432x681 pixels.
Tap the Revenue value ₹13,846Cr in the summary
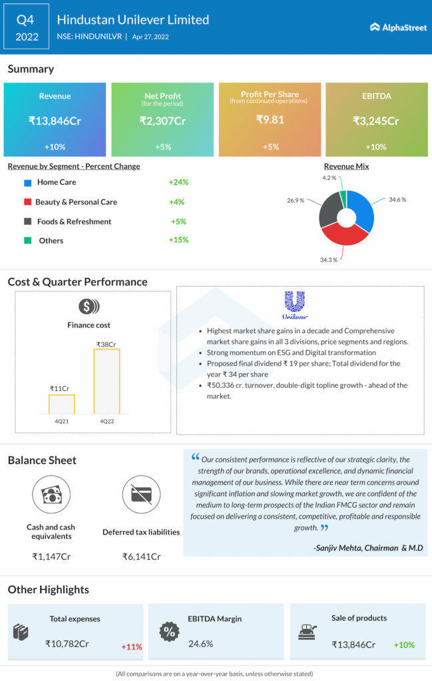[x=55, y=121]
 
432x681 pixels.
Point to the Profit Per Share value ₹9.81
[x=270, y=120]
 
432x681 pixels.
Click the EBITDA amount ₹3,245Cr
[x=376, y=121]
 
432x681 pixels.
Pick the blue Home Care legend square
[x=27, y=182]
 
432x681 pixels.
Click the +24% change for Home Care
[x=179, y=182]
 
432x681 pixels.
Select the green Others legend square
[x=27, y=241]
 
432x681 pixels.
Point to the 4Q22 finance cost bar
[x=107, y=380]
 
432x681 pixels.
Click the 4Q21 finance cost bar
[x=62, y=404]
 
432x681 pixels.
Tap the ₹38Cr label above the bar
[x=107, y=344]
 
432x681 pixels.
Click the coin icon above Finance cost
[x=89, y=307]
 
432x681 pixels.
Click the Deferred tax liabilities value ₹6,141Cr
[x=141, y=556]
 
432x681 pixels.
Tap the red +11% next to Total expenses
[x=132, y=646]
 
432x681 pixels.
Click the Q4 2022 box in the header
[x=27, y=27]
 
